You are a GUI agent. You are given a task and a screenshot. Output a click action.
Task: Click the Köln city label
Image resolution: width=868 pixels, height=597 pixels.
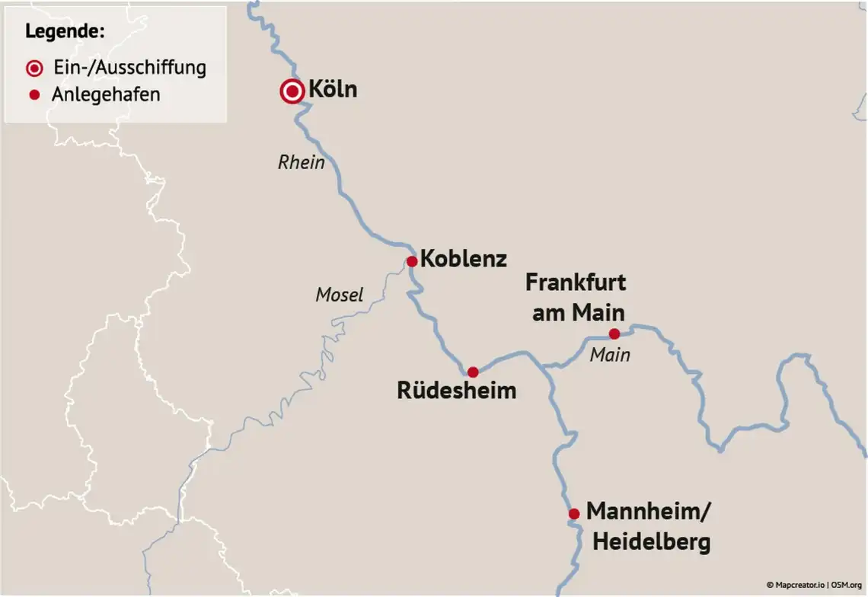click(x=333, y=90)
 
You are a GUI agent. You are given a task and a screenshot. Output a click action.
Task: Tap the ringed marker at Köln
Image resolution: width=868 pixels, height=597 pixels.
click(x=292, y=92)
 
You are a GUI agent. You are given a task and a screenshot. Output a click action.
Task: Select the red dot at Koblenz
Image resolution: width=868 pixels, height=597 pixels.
click(x=412, y=261)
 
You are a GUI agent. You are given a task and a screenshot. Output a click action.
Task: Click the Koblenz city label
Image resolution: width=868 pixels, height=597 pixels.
click(x=463, y=258)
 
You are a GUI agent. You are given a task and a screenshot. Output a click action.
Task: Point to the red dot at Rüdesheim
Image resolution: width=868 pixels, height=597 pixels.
click(x=473, y=372)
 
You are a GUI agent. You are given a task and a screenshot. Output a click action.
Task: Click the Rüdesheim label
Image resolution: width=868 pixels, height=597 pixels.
click(x=457, y=391)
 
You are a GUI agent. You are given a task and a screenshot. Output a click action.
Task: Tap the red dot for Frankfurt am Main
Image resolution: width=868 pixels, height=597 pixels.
click(x=614, y=334)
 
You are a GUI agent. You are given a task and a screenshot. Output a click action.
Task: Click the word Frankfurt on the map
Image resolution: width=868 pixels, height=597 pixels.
click(x=576, y=283)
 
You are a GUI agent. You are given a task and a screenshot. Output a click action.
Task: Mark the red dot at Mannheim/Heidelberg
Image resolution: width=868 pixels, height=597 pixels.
click(x=574, y=514)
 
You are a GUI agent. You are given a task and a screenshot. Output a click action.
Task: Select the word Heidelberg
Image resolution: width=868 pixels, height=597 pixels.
click(x=651, y=542)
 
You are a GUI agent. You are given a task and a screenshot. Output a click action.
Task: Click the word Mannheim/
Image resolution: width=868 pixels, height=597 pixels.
click(x=649, y=512)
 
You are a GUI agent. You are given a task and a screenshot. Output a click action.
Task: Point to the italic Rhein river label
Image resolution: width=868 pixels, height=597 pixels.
click(x=302, y=162)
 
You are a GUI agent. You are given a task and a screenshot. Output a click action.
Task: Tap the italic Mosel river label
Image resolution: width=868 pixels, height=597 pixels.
click(x=340, y=295)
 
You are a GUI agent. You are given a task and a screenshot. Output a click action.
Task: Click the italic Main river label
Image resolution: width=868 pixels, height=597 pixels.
click(x=610, y=354)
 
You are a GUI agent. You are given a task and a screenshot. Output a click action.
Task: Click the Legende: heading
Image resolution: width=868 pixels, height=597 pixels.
click(x=65, y=32)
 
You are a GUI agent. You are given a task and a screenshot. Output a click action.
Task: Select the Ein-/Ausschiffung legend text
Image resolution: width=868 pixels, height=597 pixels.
click(x=129, y=67)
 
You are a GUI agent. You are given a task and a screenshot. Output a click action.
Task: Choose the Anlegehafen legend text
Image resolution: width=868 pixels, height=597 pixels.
click(x=106, y=95)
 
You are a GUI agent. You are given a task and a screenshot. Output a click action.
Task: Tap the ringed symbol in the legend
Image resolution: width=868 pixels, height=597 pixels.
click(x=34, y=69)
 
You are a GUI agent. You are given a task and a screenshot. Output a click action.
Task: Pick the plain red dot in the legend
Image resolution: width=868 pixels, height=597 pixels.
click(x=34, y=95)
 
